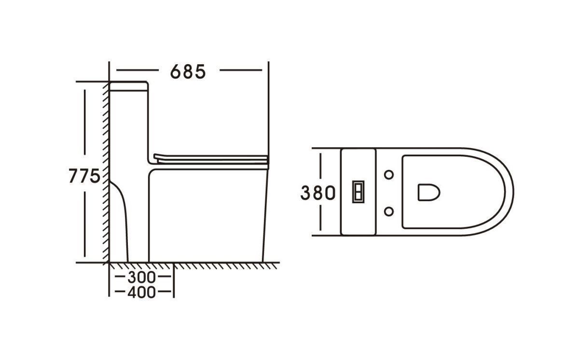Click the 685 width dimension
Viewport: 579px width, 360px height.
point(188,71)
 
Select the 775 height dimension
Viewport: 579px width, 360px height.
point(84,176)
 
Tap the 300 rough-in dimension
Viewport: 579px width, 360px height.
point(142,277)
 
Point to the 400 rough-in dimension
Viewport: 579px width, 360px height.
point(142,292)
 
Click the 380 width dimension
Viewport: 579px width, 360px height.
point(318,193)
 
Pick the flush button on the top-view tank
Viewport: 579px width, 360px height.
point(358,192)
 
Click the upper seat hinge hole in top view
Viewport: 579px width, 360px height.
point(389,175)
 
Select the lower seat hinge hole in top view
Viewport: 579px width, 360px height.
point(389,211)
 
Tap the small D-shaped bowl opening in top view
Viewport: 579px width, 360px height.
point(429,192)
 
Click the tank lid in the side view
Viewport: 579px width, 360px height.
point(129,86)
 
